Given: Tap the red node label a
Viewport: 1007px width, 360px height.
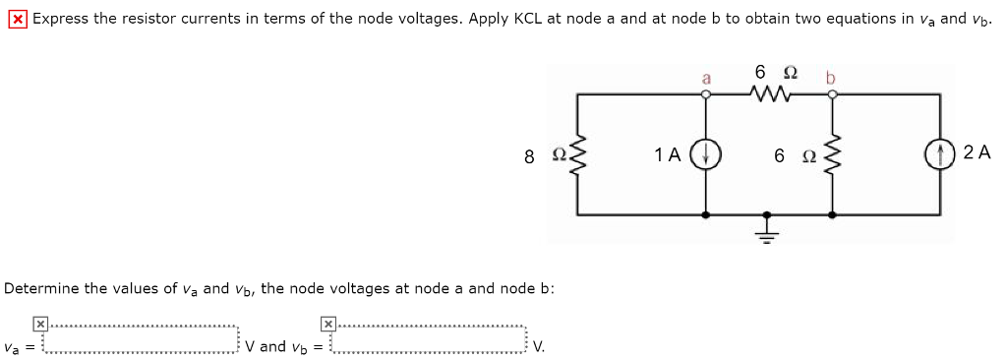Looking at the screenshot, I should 704,76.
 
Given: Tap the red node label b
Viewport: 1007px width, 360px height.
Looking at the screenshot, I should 830,76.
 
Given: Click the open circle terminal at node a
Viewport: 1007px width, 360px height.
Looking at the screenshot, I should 705,94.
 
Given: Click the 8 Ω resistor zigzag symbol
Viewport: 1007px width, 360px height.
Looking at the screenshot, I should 577,154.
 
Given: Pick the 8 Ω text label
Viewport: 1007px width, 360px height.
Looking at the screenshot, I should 542,155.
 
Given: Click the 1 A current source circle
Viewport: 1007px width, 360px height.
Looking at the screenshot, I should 705,154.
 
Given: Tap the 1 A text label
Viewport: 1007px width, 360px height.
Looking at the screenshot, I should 668,154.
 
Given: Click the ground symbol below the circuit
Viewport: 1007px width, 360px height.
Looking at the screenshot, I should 769,228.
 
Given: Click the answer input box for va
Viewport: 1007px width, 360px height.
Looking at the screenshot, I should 142,338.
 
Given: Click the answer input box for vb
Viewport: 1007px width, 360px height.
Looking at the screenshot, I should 429,338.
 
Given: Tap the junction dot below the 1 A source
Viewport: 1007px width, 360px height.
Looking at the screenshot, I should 705,213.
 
